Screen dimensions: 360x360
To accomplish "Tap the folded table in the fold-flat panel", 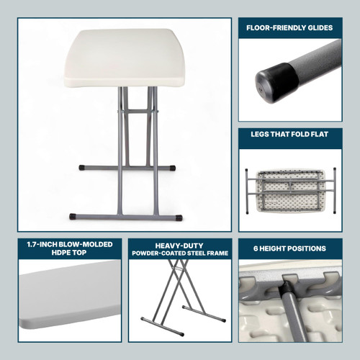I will click(290, 187).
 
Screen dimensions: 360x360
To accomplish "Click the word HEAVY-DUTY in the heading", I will click(179, 244).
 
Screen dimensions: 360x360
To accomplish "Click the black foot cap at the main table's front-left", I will click(74, 215).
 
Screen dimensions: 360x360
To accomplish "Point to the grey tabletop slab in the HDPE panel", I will click(68, 295).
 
